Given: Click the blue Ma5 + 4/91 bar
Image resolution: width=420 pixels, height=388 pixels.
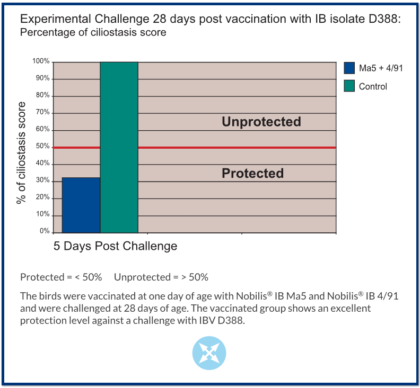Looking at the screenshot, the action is pyautogui.click(x=81, y=205).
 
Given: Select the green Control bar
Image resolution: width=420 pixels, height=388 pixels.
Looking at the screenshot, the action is pyautogui.click(x=119, y=147).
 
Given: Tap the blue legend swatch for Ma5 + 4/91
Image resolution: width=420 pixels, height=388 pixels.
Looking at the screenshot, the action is pyautogui.click(x=349, y=68).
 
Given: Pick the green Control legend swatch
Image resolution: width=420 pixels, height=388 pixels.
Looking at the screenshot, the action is pyautogui.click(x=349, y=86).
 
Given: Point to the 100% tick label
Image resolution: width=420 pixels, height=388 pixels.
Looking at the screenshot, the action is pyautogui.click(x=41, y=61).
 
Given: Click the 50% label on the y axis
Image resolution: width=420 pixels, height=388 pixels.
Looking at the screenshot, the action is pyautogui.click(x=43, y=146).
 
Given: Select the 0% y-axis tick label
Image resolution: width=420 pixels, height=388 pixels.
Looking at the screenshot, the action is pyautogui.click(x=45, y=231).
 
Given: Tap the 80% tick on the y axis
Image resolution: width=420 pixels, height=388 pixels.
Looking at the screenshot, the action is pyautogui.click(x=43, y=95).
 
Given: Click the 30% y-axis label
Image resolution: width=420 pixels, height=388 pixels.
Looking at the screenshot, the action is pyautogui.click(x=43, y=180).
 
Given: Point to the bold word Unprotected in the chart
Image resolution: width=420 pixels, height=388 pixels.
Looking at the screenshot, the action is pyautogui.click(x=261, y=122).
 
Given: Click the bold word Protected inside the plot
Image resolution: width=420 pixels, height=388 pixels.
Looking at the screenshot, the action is pyautogui.click(x=252, y=173).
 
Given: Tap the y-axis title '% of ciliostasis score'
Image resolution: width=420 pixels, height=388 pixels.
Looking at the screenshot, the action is pyautogui.click(x=21, y=152).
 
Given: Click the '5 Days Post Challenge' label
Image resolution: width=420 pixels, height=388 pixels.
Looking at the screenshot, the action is pyautogui.click(x=116, y=246).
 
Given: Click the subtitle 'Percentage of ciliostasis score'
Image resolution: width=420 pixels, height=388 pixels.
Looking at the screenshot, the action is pyautogui.click(x=93, y=32).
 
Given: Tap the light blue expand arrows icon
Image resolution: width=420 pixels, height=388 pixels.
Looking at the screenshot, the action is pyautogui.click(x=209, y=353).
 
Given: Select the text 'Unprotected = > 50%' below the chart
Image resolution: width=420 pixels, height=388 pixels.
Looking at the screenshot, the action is pyautogui.click(x=161, y=277).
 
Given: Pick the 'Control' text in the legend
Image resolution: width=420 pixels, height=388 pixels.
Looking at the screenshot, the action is pyautogui.click(x=373, y=86).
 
